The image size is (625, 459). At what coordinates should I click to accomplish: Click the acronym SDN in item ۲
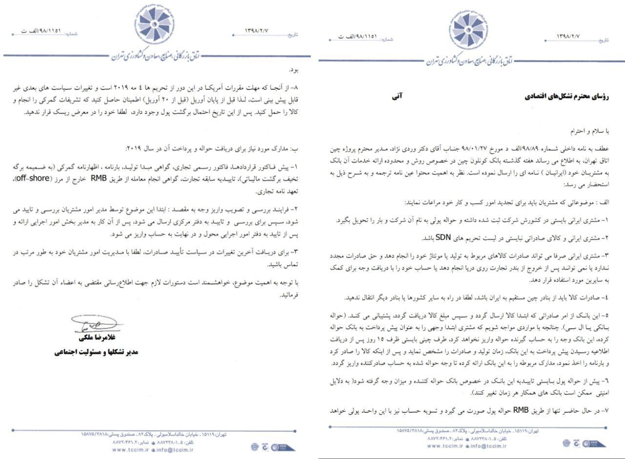point(442,238)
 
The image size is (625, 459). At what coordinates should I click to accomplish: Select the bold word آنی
point(396,97)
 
